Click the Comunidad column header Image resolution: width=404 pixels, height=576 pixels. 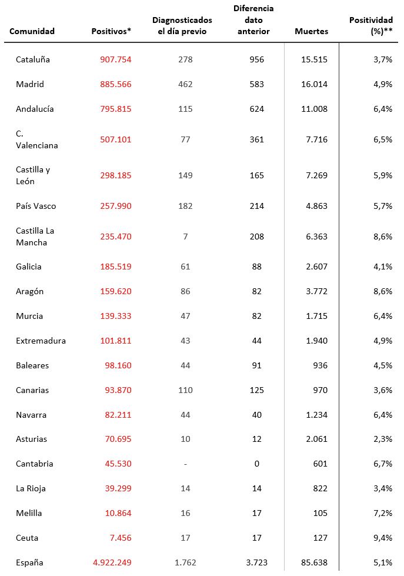[32, 31]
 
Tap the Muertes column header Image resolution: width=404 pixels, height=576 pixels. [311, 31]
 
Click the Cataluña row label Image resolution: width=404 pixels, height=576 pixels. [33, 59]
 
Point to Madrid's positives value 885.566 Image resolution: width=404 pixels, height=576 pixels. [112, 84]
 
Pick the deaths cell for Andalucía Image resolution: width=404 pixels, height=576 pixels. [313, 109]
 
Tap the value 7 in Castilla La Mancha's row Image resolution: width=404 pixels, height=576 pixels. [185, 237]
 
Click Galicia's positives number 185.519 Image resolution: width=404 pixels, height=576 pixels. [112, 267]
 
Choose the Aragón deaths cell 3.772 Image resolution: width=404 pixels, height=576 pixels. [316, 291]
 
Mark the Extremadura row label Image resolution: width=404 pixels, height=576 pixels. [41, 341]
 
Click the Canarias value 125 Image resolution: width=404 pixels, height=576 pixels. [256, 390]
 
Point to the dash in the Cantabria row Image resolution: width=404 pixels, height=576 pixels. [185, 464]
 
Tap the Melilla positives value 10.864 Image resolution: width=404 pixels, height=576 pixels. [115, 513]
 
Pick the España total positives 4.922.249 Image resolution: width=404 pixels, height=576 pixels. [112, 562]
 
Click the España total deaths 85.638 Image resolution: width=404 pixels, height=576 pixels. [313, 562]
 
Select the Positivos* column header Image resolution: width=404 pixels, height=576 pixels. [111, 31]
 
